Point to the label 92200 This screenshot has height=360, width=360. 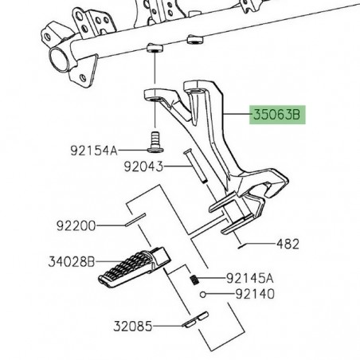[75, 226]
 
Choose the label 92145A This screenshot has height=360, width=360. [248, 278]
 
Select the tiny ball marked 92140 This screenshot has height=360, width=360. [204, 294]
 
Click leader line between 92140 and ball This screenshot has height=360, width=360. [221, 294]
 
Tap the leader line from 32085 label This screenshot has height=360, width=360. [170, 326]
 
